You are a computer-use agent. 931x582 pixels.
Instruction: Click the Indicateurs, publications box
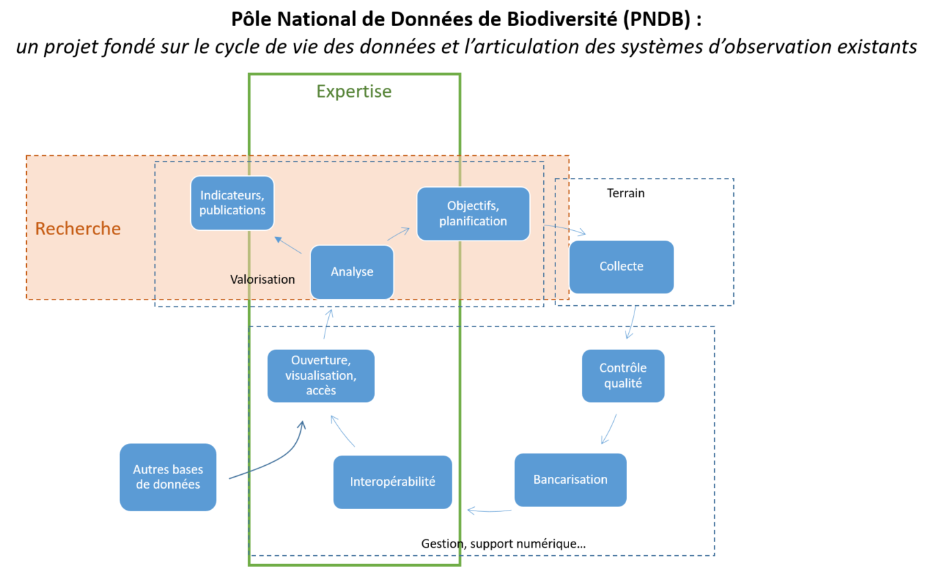[232, 203]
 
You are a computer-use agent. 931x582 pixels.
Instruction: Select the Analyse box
[352, 272]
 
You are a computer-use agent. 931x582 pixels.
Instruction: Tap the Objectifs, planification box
[473, 213]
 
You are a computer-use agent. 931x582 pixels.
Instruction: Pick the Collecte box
[621, 267]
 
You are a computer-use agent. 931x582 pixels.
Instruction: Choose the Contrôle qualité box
[623, 375]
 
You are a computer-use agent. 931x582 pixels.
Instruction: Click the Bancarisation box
[570, 480]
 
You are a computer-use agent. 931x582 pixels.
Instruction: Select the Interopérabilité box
[392, 482]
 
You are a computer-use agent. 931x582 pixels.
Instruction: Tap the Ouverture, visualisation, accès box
[321, 375]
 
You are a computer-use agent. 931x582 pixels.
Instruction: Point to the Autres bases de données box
[168, 477]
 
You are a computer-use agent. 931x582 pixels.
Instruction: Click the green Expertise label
[354, 91]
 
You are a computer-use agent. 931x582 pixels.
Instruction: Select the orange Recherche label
[78, 229]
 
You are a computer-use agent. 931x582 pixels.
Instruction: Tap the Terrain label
[625, 193]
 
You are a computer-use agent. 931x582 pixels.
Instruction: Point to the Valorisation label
[262, 279]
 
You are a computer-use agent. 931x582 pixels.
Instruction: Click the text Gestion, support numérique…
[503, 544]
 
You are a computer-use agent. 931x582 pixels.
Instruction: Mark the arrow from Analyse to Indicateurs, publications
[288, 246]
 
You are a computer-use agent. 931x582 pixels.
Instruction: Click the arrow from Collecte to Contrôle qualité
[630, 323]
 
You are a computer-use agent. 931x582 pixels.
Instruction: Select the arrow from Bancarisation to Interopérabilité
[489, 511]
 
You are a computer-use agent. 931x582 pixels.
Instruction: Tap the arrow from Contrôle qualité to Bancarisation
[608, 429]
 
